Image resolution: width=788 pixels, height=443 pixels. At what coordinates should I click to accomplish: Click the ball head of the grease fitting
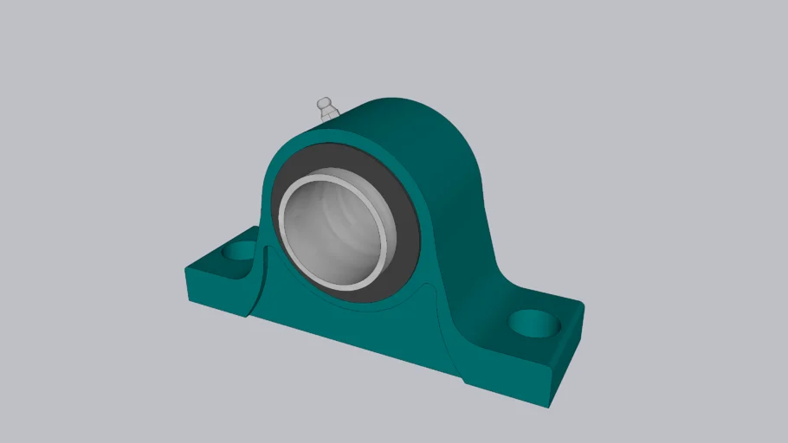(x=324, y=104)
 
